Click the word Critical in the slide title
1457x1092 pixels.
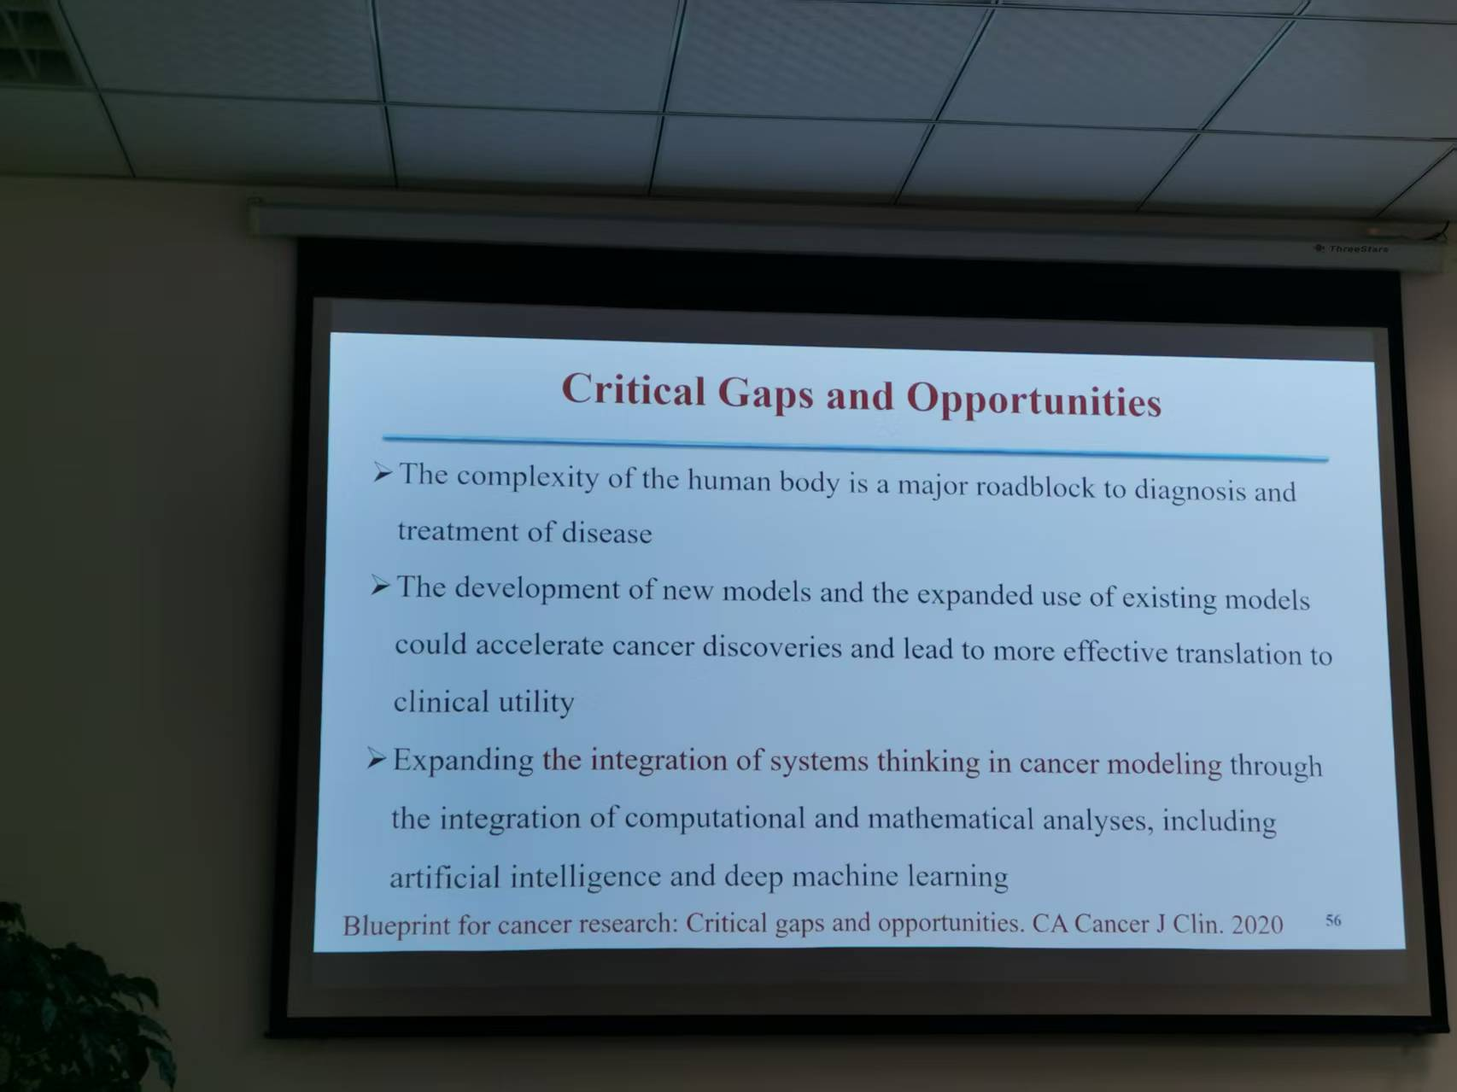(634, 389)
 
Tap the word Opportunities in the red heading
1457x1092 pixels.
(1033, 400)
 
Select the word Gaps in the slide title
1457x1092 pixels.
(765, 394)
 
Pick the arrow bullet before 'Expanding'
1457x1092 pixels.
(377, 758)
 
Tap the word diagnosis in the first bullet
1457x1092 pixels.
(1190, 491)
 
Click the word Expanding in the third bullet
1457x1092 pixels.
(463, 759)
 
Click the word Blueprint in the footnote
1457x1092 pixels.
(396, 926)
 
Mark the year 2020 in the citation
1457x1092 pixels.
(1256, 924)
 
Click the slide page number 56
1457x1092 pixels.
(1333, 920)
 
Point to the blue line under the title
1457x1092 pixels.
(855, 448)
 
